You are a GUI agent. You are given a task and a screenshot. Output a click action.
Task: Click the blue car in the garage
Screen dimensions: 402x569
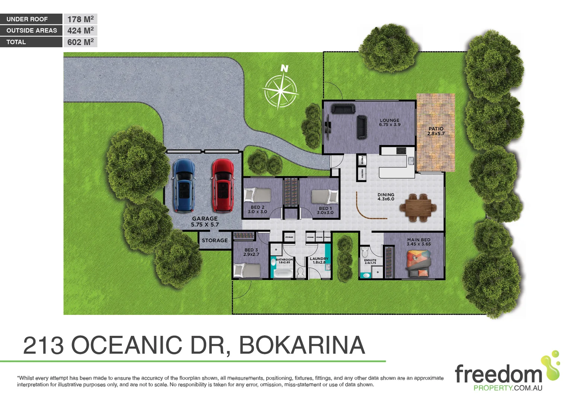coord(184,185)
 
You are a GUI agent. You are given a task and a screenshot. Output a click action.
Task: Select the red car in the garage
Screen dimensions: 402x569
coord(223,185)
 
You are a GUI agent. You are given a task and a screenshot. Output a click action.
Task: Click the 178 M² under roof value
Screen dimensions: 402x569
coord(80,19)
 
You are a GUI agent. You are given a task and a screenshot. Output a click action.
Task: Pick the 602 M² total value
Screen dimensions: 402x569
coord(80,42)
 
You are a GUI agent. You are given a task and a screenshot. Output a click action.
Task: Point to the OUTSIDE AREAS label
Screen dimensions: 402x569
coord(32,31)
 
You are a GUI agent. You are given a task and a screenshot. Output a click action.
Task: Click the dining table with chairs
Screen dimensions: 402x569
coord(418,208)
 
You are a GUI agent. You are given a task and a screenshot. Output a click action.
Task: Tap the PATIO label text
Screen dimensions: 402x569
coord(436,129)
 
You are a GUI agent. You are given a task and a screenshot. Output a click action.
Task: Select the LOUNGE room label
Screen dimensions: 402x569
coord(390,121)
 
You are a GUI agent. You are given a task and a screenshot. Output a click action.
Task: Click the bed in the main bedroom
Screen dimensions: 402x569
coord(419,264)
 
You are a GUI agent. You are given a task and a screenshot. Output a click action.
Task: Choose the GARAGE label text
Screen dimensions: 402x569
coord(205,219)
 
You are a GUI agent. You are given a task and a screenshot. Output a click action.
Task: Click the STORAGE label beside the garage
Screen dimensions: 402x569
coord(214,240)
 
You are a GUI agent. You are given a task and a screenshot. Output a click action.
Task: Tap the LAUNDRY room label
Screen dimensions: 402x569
coord(319,259)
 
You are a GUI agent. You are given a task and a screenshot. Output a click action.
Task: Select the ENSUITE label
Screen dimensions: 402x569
coord(370,260)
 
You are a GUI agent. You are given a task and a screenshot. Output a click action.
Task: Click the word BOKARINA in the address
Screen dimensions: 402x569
coord(302,345)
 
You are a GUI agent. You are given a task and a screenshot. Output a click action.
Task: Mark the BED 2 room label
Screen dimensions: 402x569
coord(257,207)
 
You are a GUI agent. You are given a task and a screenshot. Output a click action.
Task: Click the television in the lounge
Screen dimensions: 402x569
coord(328,127)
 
